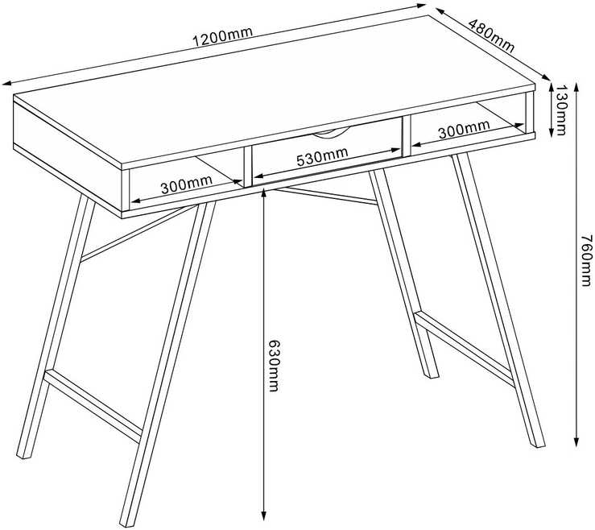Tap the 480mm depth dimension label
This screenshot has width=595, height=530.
point(491,35)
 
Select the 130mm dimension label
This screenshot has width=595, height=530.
point(560,110)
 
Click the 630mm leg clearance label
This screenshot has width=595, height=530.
point(273,366)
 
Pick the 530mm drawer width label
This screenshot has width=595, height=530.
point(322,156)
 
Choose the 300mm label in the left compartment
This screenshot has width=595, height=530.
point(186,184)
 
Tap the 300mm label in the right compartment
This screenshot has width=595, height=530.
point(464,129)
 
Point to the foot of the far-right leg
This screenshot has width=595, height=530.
point(538,444)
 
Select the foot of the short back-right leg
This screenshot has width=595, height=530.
point(431,375)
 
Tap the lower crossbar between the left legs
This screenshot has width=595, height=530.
point(93,406)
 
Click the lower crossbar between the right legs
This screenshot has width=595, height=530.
point(465,349)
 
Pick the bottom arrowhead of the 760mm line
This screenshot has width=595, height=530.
point(576,442)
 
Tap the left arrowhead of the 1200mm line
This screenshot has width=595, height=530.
point(6,83)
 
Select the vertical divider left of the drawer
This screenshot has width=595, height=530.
point(248,166)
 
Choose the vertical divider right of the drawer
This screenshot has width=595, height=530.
point(407,136)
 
